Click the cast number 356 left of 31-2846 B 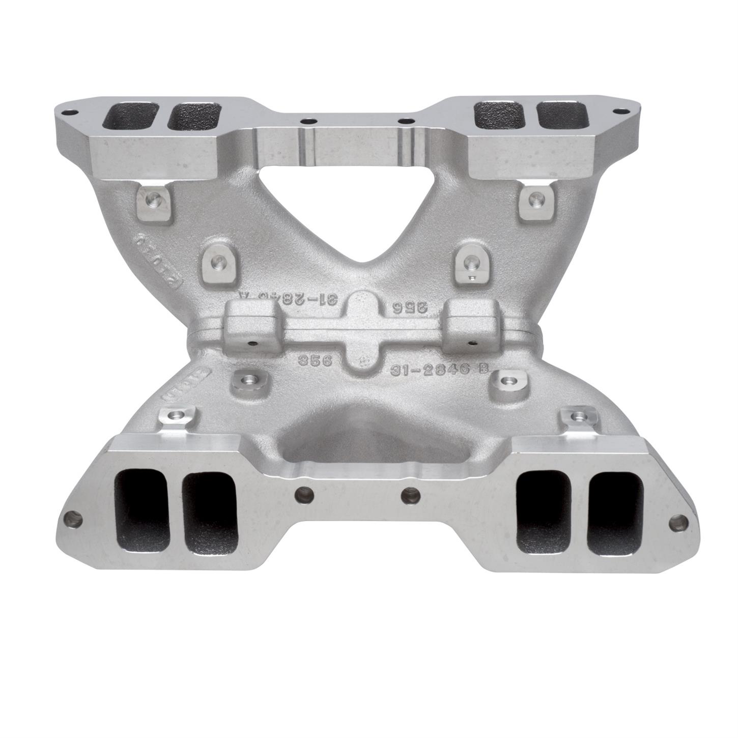(315, 360)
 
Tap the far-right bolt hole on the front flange (677, 521)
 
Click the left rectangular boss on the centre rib (245, 326)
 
